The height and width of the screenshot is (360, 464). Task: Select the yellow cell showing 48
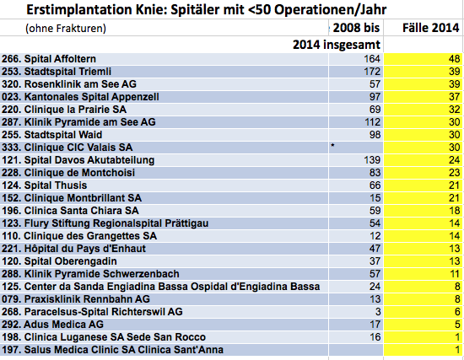coord(424,59)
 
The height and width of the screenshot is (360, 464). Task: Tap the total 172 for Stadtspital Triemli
coord(372,72)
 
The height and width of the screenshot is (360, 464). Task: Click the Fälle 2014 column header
coord(431,28)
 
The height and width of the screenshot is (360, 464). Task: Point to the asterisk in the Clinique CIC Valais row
coord(332,145)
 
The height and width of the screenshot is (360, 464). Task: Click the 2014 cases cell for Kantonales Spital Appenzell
coord(424,97)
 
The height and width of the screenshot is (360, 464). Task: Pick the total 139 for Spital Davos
coord(372,160)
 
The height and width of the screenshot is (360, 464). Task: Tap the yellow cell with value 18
coord(424,211)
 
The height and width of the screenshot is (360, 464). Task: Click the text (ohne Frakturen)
coord(66,29)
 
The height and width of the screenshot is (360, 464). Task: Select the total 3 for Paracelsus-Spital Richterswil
coord(378,312)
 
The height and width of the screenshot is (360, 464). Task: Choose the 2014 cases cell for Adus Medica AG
coord(424,325)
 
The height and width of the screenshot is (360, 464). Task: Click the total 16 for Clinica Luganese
coord(375,337)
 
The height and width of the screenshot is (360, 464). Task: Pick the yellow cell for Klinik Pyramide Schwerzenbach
coord(424,274)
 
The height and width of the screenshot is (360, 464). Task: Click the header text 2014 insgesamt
coord(337,45)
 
